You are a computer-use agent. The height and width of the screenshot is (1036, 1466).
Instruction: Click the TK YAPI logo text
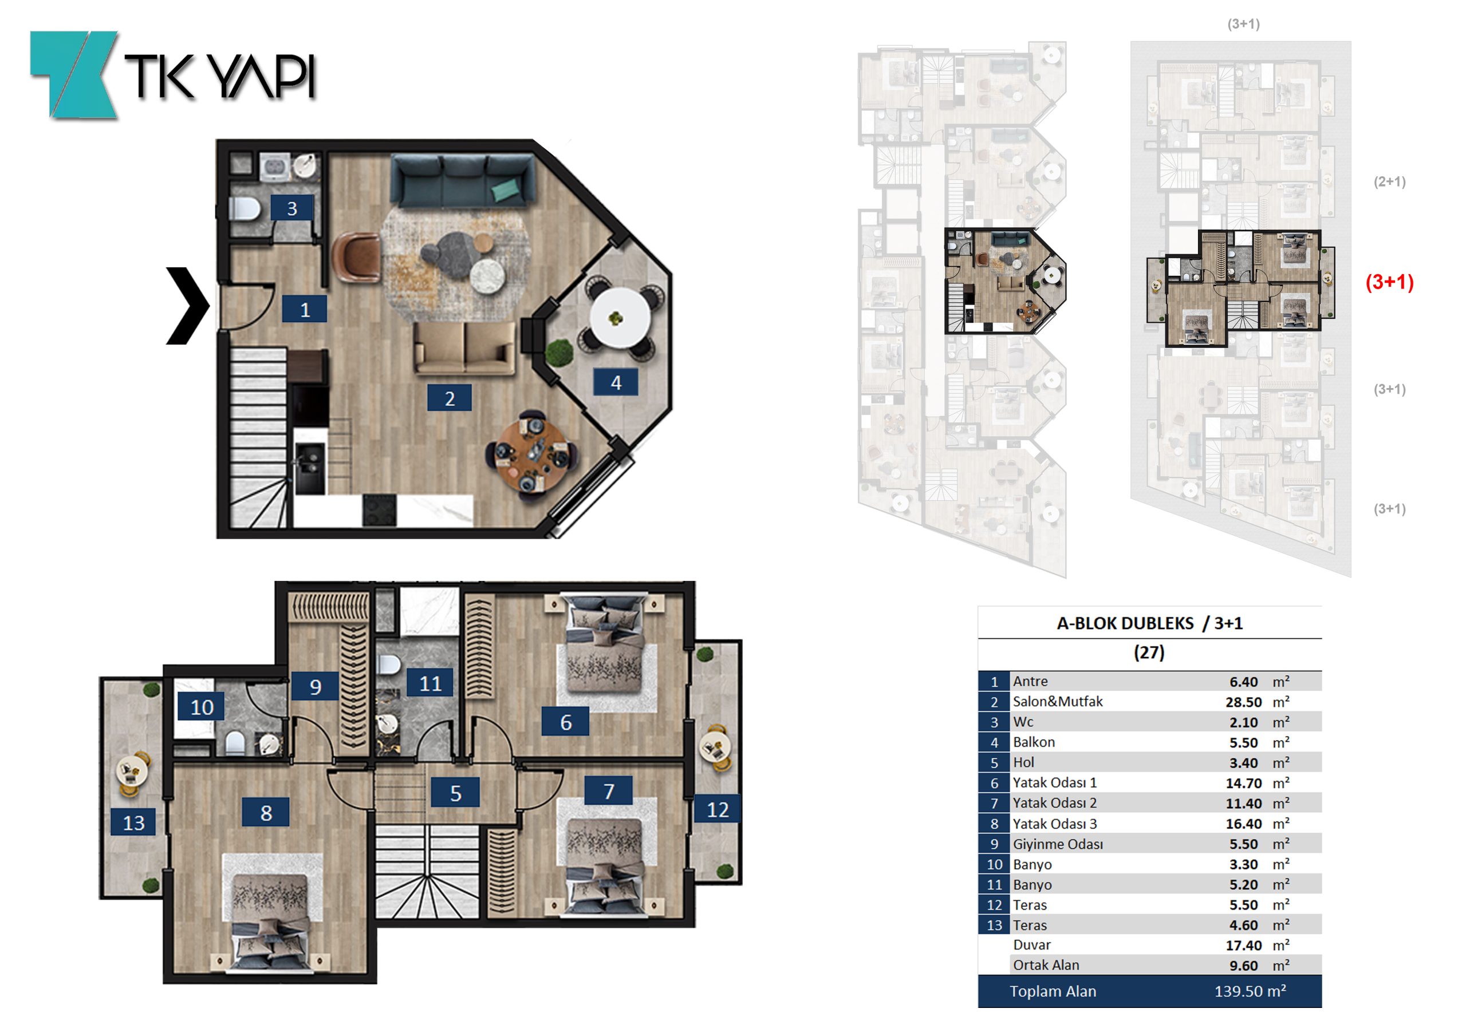219,76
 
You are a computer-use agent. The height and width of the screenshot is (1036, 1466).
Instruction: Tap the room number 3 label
292,208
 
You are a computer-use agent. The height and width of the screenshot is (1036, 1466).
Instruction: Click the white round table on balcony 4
620,318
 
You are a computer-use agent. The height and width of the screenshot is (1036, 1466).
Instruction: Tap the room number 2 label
450,398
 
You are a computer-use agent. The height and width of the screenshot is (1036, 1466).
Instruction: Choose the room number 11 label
430,683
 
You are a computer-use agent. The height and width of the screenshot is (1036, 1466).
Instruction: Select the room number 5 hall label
455,793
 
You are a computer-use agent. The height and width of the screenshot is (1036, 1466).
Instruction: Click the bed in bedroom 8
270,913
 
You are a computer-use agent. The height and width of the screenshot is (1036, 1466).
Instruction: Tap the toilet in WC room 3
245,209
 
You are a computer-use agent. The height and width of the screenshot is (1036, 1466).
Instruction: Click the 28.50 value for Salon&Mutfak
1243,702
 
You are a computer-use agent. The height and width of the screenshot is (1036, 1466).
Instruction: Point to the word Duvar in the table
1031,945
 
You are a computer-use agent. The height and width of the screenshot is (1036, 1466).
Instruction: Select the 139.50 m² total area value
1250,991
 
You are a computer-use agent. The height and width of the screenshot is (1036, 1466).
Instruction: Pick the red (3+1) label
1389,282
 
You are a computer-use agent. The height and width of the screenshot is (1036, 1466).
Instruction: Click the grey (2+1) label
1389,181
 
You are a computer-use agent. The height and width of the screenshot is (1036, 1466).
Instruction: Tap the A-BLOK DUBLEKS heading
1125,623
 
